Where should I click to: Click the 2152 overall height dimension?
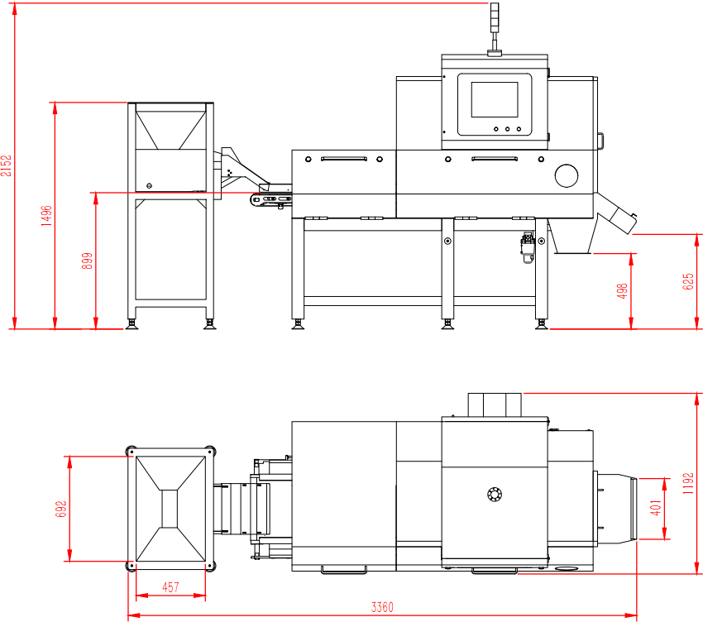point(7,165)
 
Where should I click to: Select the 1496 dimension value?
point(46,216)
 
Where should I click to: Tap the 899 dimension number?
point(88,261)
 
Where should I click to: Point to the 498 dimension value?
point(622,291)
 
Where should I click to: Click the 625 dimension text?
point(688,281)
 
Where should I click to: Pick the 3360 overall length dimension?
point(382,607)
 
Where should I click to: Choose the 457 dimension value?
point(171,587)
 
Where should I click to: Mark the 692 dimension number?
point(61,509)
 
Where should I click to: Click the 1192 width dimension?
point(688,483)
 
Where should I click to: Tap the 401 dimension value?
point(656,508)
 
